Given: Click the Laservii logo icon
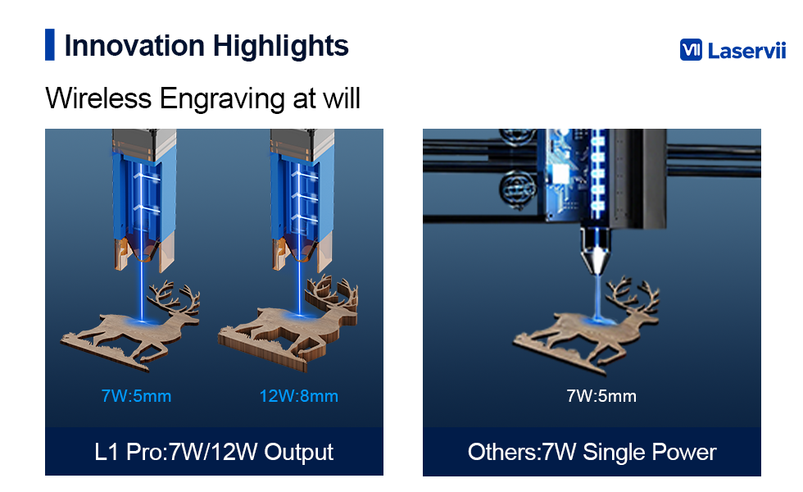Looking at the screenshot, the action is pos(691,50).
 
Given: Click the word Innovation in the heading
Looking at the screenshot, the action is pos(134,46).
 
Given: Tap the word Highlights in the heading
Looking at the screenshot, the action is pos(280,47).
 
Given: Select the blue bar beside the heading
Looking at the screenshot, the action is pos(50,44).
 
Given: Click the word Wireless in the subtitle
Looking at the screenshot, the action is pos(98,98).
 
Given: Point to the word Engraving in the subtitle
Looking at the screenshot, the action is pos(222,99).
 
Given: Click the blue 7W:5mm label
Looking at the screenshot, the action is pos(136,395).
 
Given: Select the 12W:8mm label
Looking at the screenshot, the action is pos(298,395).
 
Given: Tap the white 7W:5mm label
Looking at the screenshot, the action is pos(601,395).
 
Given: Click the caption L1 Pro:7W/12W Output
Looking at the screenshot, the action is pos(214,452).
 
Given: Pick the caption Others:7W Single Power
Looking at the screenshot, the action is pos(592,452).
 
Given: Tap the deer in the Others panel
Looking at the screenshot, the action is pos(587,326).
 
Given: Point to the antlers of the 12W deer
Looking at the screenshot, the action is pos(331,292).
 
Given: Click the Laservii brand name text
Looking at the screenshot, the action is pos(746,50).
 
